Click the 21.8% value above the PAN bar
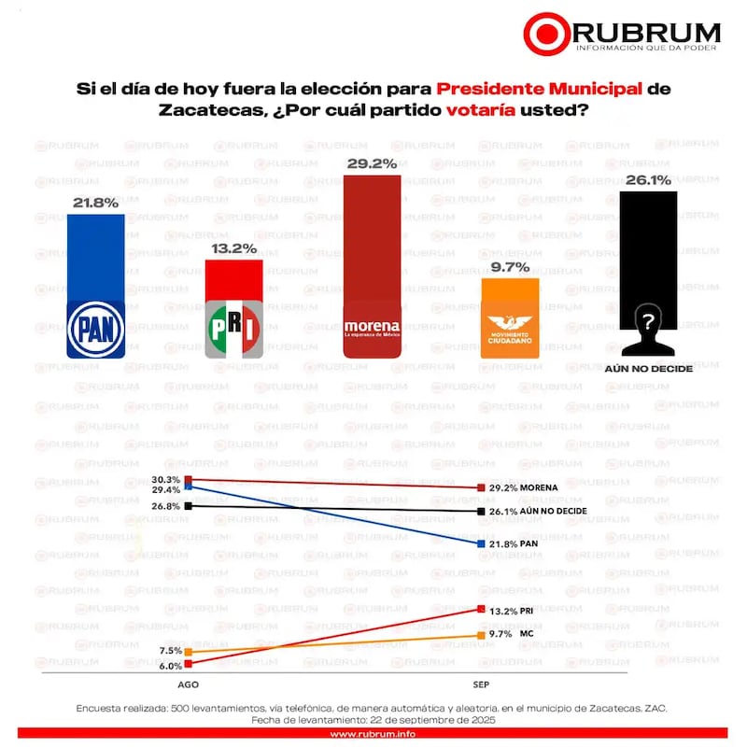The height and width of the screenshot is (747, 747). click(95, 202)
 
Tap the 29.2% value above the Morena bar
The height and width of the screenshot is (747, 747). click(372, 162)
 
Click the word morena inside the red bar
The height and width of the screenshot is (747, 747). click(372, 327)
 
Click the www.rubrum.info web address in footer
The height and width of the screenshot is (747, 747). click(373, 733)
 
